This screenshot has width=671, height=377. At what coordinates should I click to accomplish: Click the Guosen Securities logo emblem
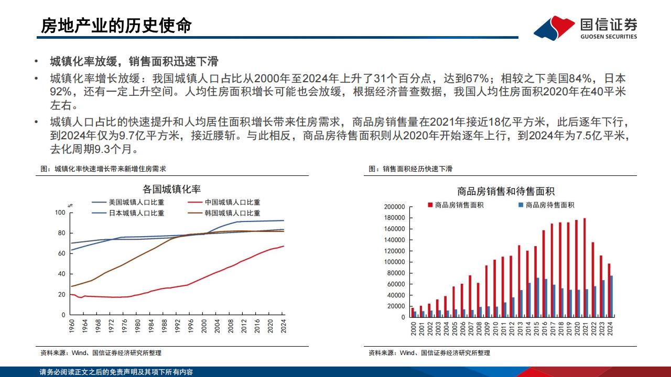click(x=554, y=27)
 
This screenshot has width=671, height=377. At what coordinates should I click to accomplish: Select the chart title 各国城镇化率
click(x=171, y=190)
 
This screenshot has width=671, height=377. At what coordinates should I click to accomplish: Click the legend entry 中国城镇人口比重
click(x=232, y=202)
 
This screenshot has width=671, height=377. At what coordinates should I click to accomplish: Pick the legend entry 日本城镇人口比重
click(x=136, y=213)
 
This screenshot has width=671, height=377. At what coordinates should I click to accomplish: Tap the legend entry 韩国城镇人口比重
click(x=232, y=213)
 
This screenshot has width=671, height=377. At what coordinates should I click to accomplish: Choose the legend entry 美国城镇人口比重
click(x=136, y=202)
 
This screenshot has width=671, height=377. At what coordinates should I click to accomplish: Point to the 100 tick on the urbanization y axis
click(x=59, y=213)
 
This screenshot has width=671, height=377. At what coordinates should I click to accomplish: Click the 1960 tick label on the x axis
click(x=72, y=327)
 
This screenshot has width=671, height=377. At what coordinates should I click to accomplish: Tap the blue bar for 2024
click(x=611, y=296)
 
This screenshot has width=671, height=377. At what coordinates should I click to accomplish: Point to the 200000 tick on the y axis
click(x=395, y=207)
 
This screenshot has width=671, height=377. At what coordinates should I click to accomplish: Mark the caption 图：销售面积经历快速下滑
click(x=410, y=169)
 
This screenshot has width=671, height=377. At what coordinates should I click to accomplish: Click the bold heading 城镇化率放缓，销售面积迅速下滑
click(x=134, y=62)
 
